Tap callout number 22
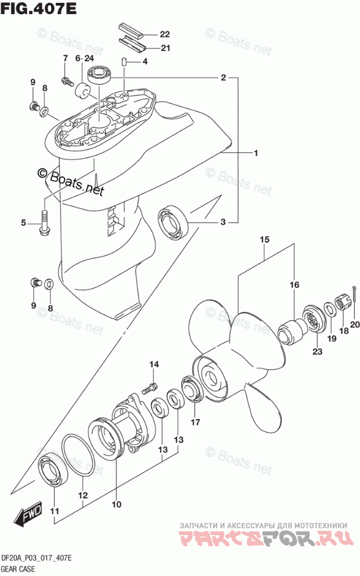coord(165,34)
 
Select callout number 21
coord(165,48)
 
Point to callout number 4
coord(144,62)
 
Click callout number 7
coord(65,58)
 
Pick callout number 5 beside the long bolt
coord(24,223)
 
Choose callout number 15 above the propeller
coord(264,240)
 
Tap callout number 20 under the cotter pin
coord(355,325)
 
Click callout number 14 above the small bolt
coord(153,365)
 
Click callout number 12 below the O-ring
coord(83,496)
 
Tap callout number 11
coord(55,512)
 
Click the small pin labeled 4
coord(124,61)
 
